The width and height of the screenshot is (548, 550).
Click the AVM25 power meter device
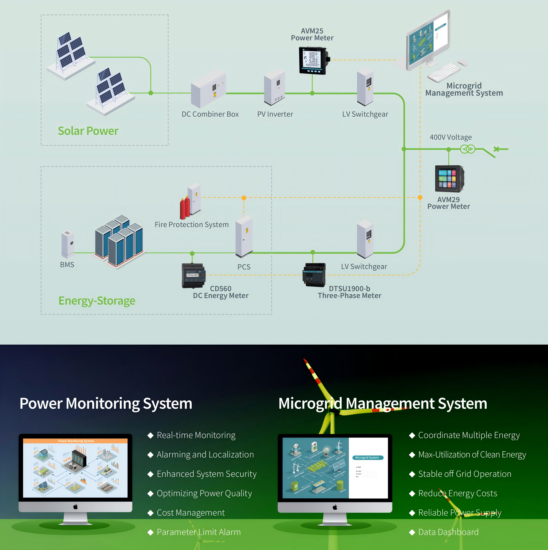[x=313, y=60]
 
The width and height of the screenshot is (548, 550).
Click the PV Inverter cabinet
[x=274, y=87]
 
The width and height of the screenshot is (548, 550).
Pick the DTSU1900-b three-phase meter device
[x=314, y=275]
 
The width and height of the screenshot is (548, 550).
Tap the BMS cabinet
[x=68, y=243]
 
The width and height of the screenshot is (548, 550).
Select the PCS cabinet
[x=244, y=236]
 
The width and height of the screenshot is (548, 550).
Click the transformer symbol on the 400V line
[x=468, y=149]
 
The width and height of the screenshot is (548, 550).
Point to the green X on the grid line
[x=496, y=149]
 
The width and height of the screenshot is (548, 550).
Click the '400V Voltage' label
[x=451, y=137]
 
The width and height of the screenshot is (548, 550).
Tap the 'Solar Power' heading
[x=88, y=131]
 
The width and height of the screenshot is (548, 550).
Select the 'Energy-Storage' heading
[x=97, y=301]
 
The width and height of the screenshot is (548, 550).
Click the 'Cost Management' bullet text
[x=191, y=512]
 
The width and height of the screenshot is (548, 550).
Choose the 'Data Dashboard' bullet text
[x=448, y=532]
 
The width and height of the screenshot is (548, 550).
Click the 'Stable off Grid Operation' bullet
[x=464, y=474]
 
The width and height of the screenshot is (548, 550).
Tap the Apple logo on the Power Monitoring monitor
[x=75, y=506]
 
